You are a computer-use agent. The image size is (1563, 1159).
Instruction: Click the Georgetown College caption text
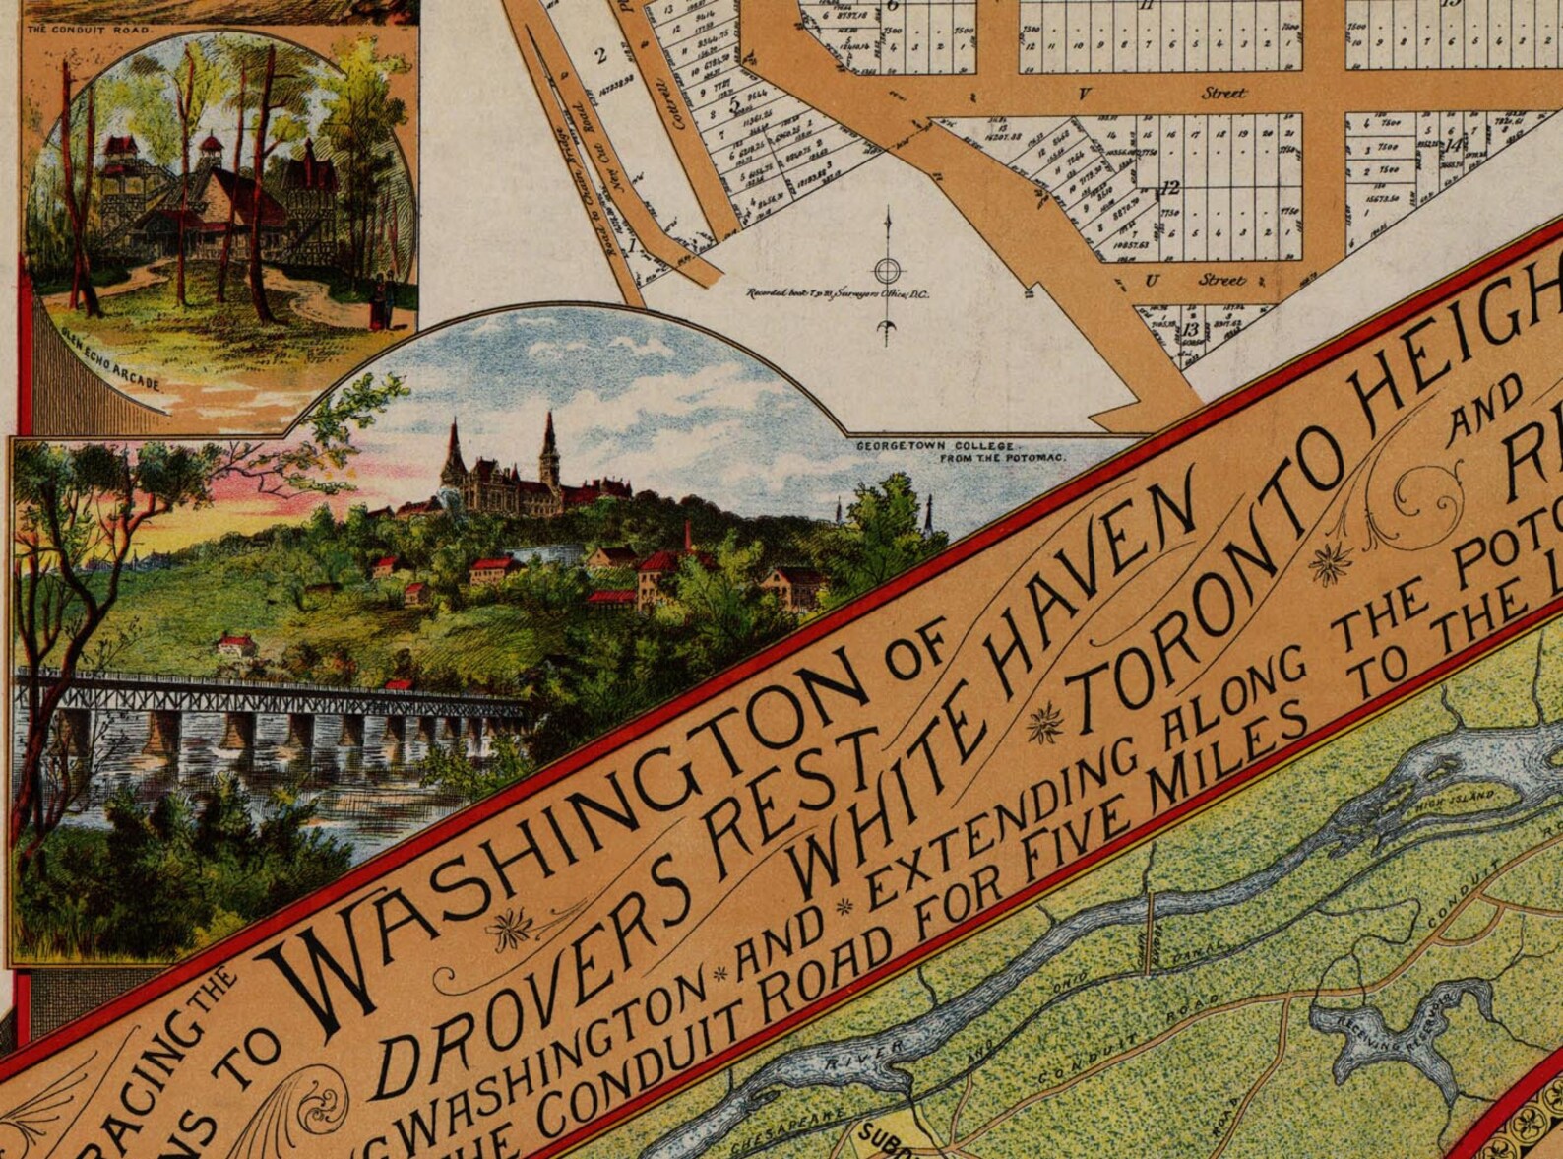point(960,452)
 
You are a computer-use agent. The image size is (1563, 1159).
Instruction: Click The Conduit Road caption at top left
point(89,30)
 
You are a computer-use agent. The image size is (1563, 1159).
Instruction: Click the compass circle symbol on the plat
point(888,270)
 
